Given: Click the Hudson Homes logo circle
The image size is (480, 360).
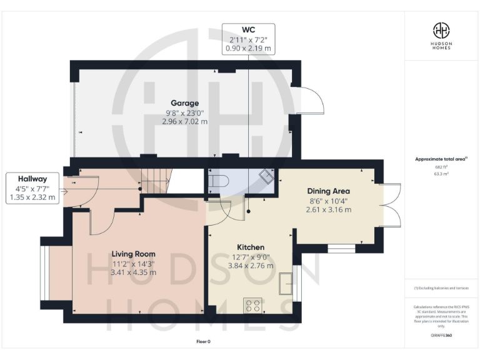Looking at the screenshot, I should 441,30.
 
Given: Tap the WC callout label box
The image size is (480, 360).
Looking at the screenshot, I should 248,39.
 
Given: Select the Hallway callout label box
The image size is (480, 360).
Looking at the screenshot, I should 32,187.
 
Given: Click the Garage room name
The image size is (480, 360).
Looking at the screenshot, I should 184,103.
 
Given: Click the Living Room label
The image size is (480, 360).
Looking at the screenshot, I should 133,254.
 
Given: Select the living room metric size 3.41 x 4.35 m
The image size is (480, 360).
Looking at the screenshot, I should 133,272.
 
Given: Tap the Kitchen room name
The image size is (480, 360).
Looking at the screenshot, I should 250,247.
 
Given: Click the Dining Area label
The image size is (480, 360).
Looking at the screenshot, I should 328,191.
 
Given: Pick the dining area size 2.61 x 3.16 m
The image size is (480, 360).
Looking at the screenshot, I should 328,210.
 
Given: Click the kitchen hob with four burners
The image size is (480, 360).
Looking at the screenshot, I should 253,306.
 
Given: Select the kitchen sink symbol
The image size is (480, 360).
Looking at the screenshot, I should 286,283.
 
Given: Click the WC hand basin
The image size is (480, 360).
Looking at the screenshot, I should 266,177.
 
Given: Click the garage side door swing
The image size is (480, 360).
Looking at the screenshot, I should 309,100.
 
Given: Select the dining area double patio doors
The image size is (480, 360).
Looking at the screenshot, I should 390,204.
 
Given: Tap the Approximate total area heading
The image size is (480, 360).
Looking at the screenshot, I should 441,159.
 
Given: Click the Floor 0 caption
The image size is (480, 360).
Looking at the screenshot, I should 204,342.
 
